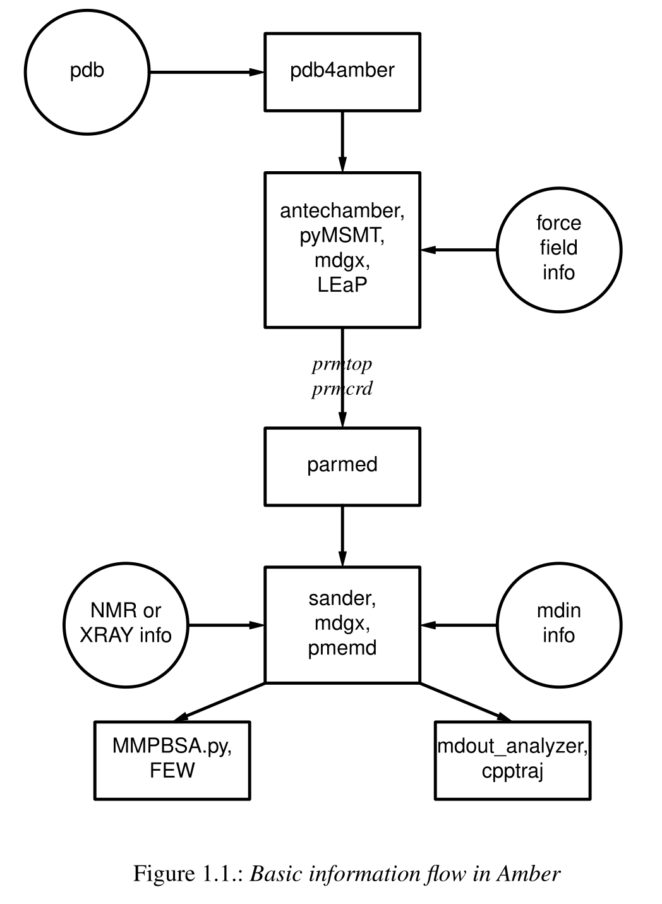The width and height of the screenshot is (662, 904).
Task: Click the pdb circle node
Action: click(87, 71)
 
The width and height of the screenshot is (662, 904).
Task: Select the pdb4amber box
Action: click(342, 72)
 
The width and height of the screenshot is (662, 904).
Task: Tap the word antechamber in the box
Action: click(342, 210)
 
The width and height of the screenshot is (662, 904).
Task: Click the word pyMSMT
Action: click(342, 235)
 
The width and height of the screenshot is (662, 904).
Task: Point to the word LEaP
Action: click(342, 285)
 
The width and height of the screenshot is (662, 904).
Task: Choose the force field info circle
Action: click(558, 249)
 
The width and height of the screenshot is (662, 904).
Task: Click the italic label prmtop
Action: click(342, 364)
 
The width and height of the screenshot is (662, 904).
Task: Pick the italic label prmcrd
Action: click(342, 389)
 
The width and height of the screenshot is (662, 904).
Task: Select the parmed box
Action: click(342, 466)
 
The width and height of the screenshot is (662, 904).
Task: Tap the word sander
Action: click(342, 598)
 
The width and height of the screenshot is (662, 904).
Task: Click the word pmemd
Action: click(342, 648)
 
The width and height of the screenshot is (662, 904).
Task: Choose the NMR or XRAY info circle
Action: click(126, 624)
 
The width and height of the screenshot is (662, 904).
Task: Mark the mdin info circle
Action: click(558, 624)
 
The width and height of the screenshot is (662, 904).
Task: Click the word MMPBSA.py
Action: click(172, 746)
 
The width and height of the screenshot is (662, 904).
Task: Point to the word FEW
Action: click(172, 771)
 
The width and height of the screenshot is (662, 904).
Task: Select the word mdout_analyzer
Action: click(512, 746)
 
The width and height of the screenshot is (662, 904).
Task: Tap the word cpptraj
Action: click(512, 771)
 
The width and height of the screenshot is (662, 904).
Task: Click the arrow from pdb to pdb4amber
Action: click(205, 72)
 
